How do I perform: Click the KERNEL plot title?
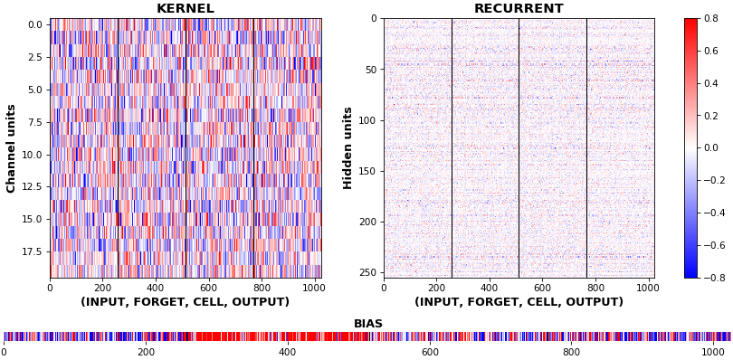pos(186,8)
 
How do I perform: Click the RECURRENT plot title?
pos(519,8)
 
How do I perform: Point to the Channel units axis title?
pos(11,148)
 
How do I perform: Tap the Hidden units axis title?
pos(347,148)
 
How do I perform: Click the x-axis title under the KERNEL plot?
pos(186,302)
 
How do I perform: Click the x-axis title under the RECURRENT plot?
pos(519,302)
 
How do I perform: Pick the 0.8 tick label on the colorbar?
pos(709,19)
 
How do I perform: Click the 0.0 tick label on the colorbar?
pos(709,148)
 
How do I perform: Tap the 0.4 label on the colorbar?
pos(709,83)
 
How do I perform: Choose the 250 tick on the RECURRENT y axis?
pos(369,273)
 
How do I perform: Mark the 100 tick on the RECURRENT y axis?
pos(369,120)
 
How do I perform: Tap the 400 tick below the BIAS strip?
pos(288,351)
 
